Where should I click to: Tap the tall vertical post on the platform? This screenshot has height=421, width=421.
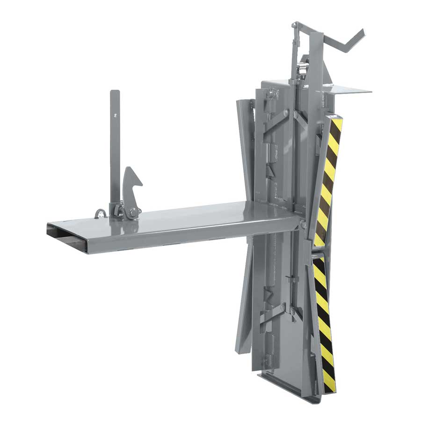115,145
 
